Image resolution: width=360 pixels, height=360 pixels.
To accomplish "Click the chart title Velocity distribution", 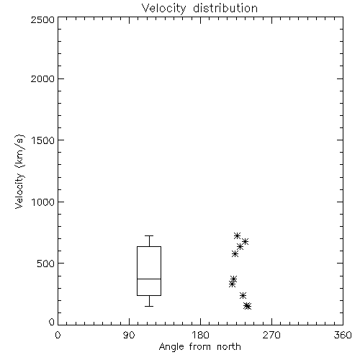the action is click(199, 8).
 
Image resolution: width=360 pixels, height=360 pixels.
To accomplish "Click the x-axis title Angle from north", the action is click(199, 347).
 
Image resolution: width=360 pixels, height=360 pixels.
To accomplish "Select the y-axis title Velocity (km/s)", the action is click(19, 171).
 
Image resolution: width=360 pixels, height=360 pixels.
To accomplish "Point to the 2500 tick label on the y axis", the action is click(42, 19).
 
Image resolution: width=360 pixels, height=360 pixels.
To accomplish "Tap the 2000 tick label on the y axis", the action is click(42, 78).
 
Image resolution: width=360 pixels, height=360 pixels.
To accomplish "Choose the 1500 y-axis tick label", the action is click(43, 140).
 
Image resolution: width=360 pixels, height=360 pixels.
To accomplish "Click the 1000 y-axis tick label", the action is click(43, 202).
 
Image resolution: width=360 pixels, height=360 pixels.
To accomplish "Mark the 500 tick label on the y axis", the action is click(46, 264).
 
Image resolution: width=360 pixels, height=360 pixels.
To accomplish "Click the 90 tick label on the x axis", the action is click(129, 335).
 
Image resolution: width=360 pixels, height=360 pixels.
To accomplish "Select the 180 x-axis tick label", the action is click(200, 335).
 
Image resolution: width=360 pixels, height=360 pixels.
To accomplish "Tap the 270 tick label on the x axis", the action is click(271, 335).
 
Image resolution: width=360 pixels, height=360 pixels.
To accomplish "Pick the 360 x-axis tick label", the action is click(343, 335).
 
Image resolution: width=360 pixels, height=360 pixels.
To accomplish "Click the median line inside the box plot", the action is click(149, 279).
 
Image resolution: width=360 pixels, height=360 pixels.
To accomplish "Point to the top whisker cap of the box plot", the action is click(149, 236).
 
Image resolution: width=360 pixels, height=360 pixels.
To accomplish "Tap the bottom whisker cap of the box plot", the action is click(149, 306).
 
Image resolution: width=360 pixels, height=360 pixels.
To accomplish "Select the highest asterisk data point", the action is click(237, 235).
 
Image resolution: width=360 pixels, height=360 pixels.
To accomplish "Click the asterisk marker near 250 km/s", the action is click(243, 295).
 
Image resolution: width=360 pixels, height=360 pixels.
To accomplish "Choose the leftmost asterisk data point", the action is click(232, 284).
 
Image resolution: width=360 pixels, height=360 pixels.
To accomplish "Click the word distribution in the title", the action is click(225, 8).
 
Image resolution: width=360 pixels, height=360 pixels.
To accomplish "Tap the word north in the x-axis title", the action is click(229, 347).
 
